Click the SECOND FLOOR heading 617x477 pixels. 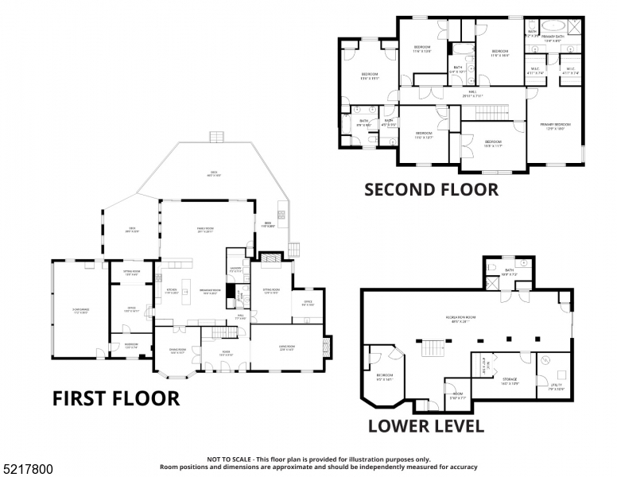(431, 189)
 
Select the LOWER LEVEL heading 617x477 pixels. (425, 425)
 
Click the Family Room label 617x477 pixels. (206, 230)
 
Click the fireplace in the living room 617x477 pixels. (324, 347)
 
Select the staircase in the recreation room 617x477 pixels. (430, 347)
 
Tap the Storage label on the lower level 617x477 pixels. (510, 381)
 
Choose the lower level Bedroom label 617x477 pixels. (384, 376)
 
